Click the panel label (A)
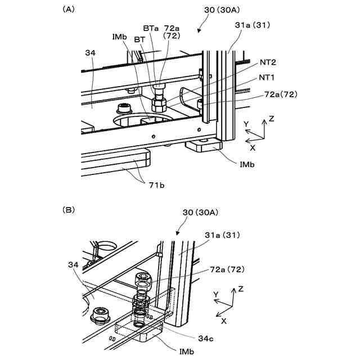pyautogui.click(x=69, y=10)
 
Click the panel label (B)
pyautogui.click(x=69, y=210)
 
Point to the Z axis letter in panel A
pyautogui.click(x=271, y=120)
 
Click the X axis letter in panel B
pyautogui.click(x=224, y=321)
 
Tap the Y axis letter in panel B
pyautogui.click(x=215, y=294)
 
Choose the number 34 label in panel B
pyautogui.click(x=73, y=265)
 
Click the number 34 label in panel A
pyautogui.click(x=91, y=53)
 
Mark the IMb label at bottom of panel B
pyautogui.click(x=187, y=352)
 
